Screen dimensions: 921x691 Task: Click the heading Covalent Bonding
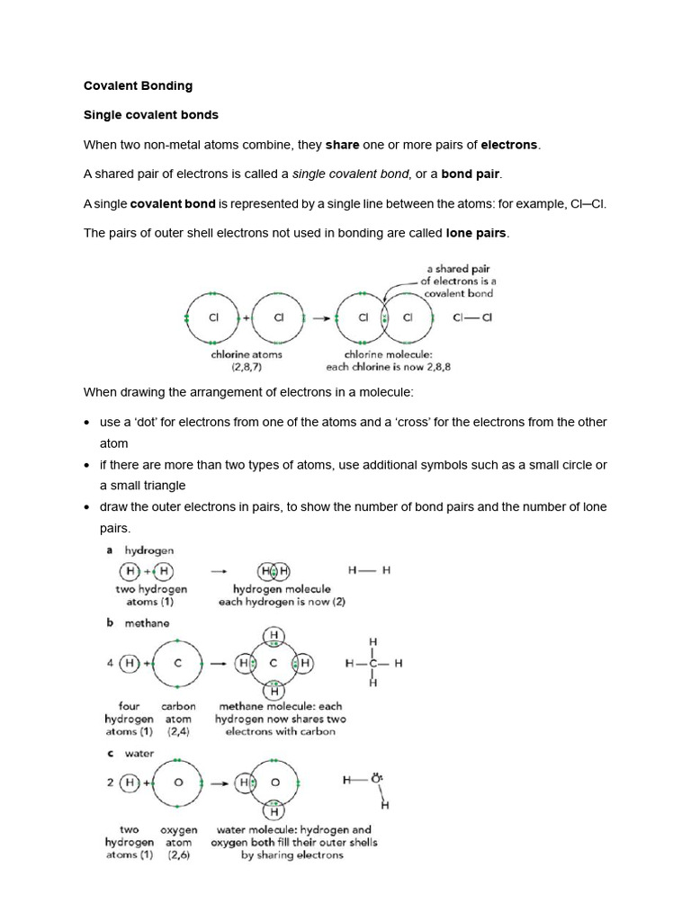[x=138, y=86]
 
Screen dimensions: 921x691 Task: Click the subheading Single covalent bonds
[x=150, y=115]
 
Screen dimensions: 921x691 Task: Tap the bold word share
[x=341, y=145]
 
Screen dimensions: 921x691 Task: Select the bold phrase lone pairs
[x=477, y=233]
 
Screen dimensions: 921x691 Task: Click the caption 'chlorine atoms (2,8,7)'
[x=246, y=361]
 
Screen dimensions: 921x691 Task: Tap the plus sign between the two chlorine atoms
[x=245, y=318]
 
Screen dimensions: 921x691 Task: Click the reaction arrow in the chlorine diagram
[x=318, y=318]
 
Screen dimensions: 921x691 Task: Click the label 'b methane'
[x=137, y=622]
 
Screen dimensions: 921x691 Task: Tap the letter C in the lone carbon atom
[x=177, y=664]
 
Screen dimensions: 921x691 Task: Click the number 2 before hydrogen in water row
[x=110, y=782]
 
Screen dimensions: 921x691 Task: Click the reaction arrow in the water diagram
[x=217, y=782]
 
